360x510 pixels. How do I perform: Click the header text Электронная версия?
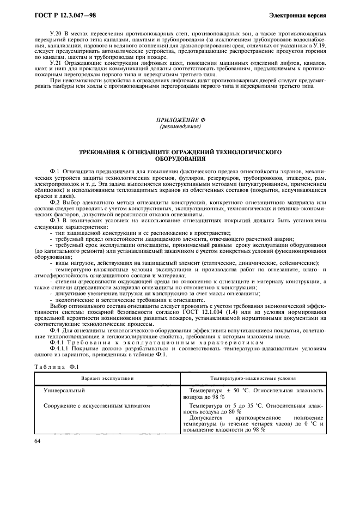point(300,15)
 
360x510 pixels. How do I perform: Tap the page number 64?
point(38,441)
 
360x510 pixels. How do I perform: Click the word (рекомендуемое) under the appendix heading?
point(180,126)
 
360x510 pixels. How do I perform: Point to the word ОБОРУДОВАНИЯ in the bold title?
point(180,160)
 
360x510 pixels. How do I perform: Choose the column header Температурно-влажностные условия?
point(253,377)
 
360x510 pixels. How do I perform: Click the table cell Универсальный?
point(68,390)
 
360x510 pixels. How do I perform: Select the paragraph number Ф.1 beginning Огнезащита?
point(54,171)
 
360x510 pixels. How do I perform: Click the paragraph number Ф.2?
point(54,202)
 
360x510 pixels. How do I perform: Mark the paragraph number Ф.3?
point(54,220)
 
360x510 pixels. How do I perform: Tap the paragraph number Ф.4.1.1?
point(59,349)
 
